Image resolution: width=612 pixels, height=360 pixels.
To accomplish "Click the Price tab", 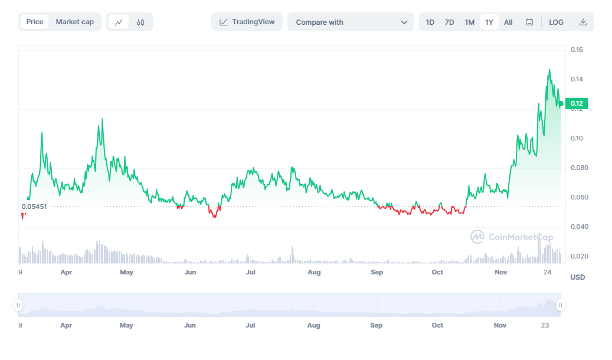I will click(35, 22).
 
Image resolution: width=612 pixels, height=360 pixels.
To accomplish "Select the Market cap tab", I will click(74, 22).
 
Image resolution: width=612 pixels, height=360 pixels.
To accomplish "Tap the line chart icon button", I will click(119, 22).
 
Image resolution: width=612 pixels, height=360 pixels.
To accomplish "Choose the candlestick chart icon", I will click(140, 22).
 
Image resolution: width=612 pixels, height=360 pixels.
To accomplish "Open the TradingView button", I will click(247, 22).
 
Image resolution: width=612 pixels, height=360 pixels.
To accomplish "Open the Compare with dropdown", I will click(351, 22).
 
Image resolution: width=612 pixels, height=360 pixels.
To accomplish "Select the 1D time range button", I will click(430, 22).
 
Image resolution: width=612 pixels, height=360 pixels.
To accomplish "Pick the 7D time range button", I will click(450, 22).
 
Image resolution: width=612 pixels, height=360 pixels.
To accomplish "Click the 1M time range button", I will click(470, 22).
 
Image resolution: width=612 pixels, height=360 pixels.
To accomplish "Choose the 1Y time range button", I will click(489, 22).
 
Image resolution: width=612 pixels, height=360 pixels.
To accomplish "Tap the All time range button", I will click(508, 22).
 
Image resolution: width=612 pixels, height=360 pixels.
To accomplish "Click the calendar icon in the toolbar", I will click(529, 22).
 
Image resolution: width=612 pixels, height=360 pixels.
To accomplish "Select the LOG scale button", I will click(556, 22).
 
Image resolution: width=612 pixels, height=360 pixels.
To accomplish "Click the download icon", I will click(583, 22).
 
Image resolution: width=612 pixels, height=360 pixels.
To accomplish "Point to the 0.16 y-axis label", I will click(577, 50).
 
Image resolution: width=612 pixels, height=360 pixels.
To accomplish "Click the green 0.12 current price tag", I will click(576, 104).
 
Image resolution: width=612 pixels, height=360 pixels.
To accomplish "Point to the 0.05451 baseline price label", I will click(34, 207).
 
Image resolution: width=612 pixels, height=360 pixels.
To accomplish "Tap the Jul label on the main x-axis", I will click(251, 272).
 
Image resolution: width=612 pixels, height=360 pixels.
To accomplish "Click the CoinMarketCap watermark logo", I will click(512, 237).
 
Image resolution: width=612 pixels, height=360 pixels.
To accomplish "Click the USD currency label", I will click(578, 277).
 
